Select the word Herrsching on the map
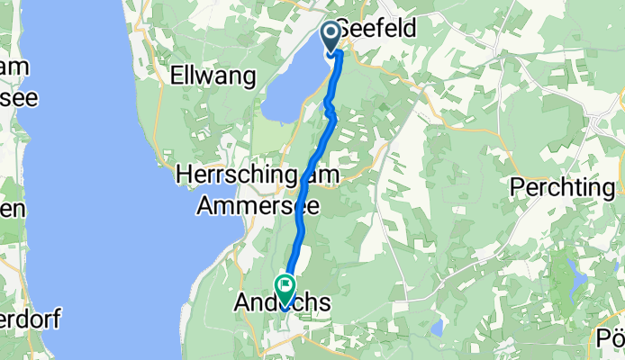coord(236,174)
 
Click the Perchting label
coord(567,188)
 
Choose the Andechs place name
coord(283,305)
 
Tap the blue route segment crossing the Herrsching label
coord(309,174)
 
